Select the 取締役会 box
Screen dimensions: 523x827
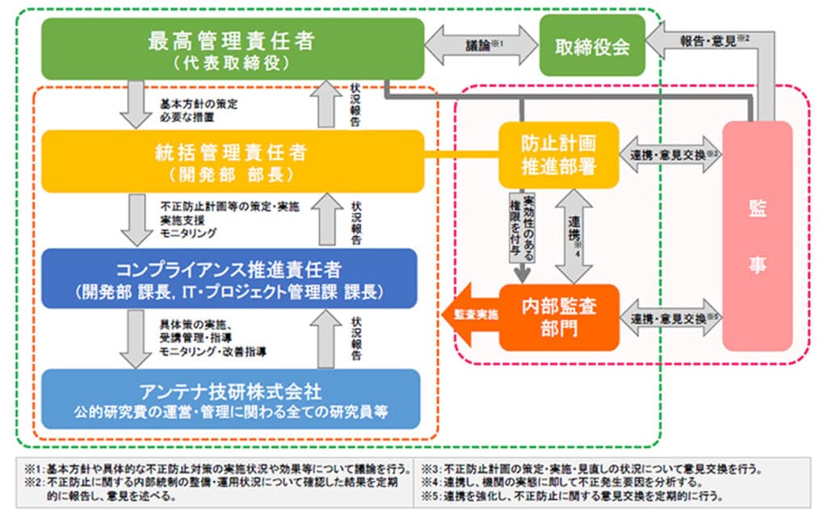(x=593, y=46)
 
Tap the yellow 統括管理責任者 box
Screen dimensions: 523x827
(x=233, y=160)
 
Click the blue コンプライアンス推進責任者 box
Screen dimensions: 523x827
(x=233, y=278)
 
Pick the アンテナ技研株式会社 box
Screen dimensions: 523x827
(x=233, y=400)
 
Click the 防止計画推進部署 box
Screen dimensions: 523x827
(x=559, y=153)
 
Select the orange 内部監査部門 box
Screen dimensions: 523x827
(x=559, y=317)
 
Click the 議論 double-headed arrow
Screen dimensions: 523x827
(x=482, y=46)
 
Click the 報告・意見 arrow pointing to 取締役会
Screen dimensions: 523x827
(x=703, y=40)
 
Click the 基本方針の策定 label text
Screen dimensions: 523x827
(x=199, y=103)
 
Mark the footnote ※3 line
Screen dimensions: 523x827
(x=594, y=469)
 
